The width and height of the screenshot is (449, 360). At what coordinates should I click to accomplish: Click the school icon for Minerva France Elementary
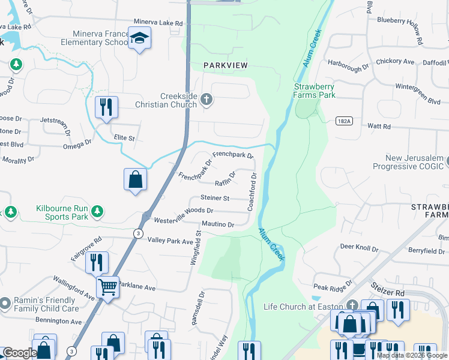click(x=140, y=39)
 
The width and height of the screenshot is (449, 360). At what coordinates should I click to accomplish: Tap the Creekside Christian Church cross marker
click(x=206, y=100)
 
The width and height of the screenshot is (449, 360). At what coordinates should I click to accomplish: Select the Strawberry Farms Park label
click(x=313, y=91)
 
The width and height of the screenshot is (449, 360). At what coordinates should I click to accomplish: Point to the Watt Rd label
click(x=378, y=127)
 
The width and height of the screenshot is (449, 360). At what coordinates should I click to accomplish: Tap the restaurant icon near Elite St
click(x=106, y=107)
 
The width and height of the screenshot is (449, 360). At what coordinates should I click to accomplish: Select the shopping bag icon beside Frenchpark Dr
click(x=136, y=179)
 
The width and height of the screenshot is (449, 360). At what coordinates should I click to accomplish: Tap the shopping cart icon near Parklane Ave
click(x=108, y=287)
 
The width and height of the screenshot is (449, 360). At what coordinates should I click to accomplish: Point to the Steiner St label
click(x=215, y=197)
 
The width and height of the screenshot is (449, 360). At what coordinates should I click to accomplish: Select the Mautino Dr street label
click(x=217, y=224)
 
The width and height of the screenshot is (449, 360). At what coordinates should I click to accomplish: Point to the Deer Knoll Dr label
click(x=359, y=247)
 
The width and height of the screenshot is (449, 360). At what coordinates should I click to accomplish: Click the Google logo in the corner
click(x=19, y=353)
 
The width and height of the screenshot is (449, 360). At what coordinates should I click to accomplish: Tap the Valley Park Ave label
click(x=170, y=241)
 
